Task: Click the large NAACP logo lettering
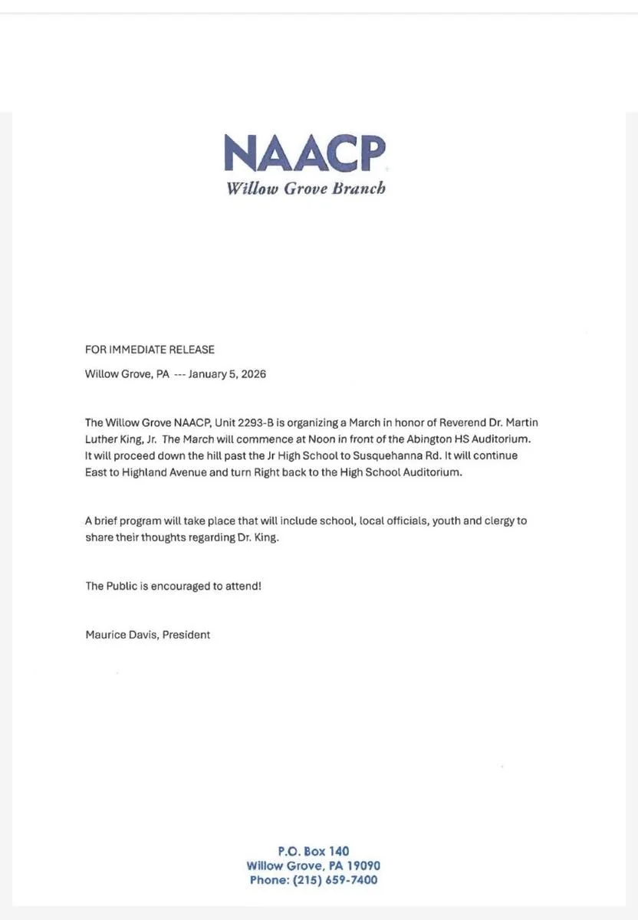tap(304, 153)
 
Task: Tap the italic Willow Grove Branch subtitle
tap(305, 189)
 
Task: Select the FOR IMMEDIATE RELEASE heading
tap(150, 350)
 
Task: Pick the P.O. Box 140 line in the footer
tap(313, 851)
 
